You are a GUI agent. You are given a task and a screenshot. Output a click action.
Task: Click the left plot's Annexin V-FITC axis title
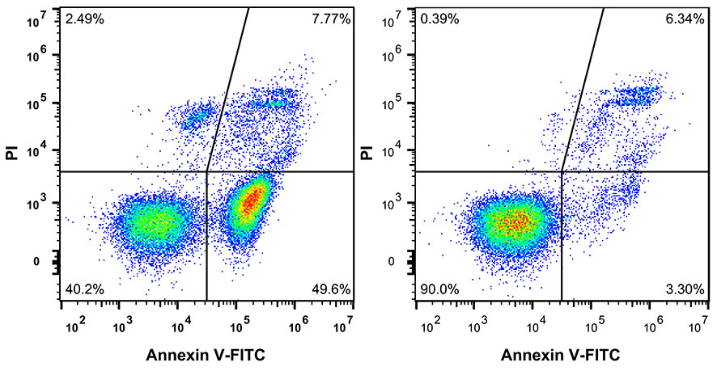[x=206, y=355]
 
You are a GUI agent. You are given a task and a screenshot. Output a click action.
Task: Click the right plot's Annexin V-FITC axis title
[x=561, y=355]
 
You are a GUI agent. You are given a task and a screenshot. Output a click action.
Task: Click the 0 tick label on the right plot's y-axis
[x=402, y=262]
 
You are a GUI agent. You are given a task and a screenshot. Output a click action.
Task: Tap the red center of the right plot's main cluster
[x=515, y=220]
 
